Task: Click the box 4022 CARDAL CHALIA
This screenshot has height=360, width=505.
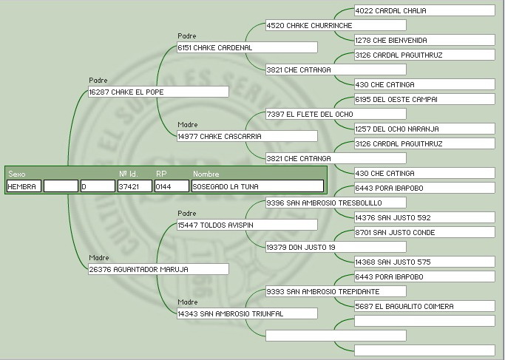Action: (424, 11)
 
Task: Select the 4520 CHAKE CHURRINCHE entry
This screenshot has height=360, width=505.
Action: (335, 26)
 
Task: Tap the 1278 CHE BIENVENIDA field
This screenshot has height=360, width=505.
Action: (424, 41)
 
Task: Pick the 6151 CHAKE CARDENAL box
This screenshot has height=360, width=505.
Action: (247, 48)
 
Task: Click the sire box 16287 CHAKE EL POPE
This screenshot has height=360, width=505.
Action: (158, 92)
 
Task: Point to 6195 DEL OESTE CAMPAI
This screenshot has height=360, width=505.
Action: (424, 100)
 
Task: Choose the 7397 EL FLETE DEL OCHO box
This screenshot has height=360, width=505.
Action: (335, 115)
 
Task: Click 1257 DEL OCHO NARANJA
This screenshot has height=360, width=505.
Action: (424, 129)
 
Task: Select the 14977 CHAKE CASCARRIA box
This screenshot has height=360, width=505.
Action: (247, 137)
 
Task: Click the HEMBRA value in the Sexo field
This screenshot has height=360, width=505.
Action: (24, 187)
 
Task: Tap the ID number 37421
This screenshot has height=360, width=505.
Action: (134, 187)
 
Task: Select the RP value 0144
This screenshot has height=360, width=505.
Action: (172, 187)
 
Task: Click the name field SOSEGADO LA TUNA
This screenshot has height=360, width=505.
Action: (257, 187)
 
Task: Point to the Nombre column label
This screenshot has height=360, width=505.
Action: (206, 174)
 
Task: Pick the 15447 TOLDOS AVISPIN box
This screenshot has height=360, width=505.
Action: (247, 225)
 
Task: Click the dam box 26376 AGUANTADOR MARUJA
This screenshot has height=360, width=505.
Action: (158, 270)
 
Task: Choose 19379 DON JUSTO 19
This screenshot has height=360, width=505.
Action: (335, 248)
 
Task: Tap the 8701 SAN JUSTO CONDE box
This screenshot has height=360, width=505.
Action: (424, 233)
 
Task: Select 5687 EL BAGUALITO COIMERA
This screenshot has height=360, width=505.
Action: (424, 307)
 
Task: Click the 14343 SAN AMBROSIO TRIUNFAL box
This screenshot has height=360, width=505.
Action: (247, 314)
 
